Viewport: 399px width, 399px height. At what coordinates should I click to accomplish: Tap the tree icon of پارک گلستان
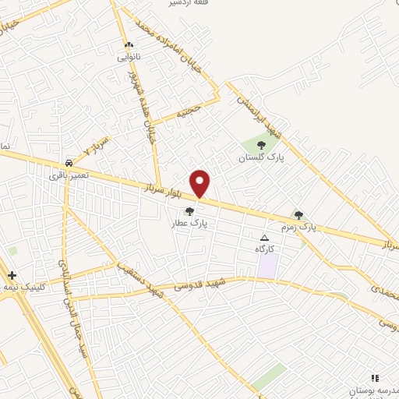coord(261,144)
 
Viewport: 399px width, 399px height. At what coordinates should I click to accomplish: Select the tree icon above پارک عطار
coord(189,210)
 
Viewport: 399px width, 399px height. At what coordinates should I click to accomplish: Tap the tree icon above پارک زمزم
coord(298,214)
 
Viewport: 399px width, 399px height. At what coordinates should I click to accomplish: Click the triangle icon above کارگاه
coord(265,238)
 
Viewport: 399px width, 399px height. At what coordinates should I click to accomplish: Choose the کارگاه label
coord(265,249)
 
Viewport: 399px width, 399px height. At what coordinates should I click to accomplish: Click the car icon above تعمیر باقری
coord(70,164)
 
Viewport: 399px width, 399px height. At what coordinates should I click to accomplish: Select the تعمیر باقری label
coord(69,175)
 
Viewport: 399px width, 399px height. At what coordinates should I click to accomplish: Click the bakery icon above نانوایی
coord(129,45)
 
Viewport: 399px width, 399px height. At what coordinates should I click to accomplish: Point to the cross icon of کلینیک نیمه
coord(12,275)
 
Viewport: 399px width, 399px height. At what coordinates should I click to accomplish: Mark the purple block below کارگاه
coord(267,266)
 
